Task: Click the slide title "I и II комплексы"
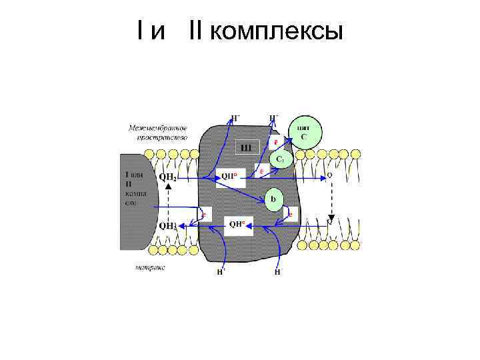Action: point(239,29)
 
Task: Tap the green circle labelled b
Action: point(274,199)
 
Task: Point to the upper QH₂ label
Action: point(168,177)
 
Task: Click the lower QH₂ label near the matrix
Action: point(168,226)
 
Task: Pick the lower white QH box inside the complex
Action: point(237,225)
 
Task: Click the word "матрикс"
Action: point(150,267)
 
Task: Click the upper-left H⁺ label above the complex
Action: point(235,118)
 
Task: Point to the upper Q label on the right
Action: point(329,176)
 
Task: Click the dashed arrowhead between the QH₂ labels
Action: point(168,191)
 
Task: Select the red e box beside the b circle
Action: point(291,215)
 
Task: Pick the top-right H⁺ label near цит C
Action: point(273,118)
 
